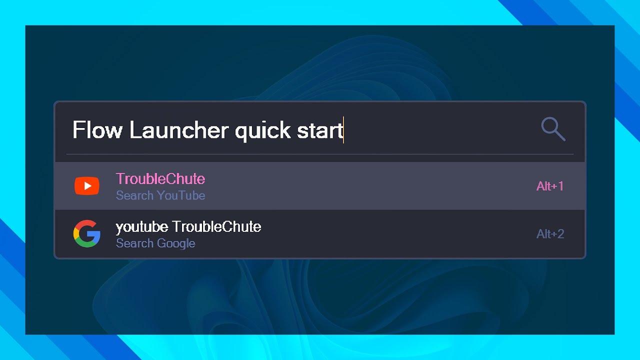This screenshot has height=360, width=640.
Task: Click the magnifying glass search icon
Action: (x=553, y=129)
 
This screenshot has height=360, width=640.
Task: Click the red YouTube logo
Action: (x=87, y=186)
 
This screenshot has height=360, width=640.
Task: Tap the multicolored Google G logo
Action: (x=87, y=234)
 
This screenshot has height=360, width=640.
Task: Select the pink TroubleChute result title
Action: (x=160, y=178)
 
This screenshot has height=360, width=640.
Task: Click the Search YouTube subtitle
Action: (x=160, y=195)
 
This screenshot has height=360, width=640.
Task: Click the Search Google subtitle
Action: (x=155, y=243)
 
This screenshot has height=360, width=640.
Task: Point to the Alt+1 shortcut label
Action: (x=550, y=186)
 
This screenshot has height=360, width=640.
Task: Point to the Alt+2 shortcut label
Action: (x=550, y=234)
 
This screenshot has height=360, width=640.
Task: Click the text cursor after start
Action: (x=343, y=130)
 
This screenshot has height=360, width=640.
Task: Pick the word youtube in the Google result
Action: (x=141, y=227)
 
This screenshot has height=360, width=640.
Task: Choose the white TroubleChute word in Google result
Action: (x=216, y=227)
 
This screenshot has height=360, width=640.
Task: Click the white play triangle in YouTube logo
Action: (x=87, y=186)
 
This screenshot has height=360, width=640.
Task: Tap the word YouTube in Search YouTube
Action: (x=181, y=195)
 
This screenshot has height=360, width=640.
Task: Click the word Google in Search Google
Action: (x=175, y=243)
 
